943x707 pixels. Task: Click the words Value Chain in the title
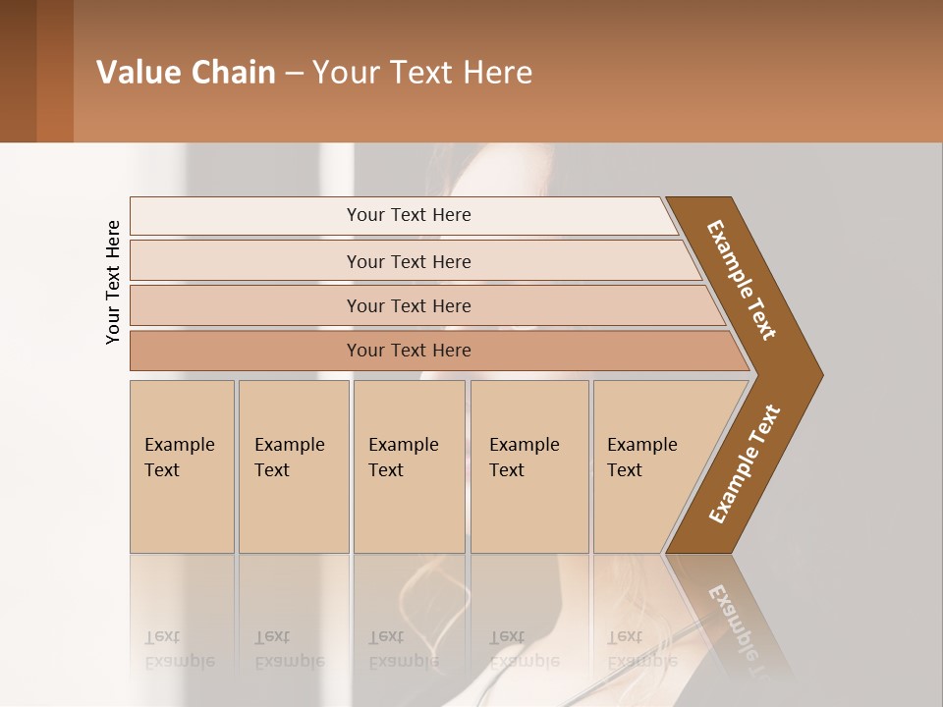click(186, 73)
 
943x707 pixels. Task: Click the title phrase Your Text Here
click(422, 73)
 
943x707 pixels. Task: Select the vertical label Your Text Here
click(113, 282)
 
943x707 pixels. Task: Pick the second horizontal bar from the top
click(408, 261)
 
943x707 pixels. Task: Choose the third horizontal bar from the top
click(408, 305)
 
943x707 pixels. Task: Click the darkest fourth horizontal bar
click(408, 351)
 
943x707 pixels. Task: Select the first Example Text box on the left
click(182, 466)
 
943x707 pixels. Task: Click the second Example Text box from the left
click(293, 466)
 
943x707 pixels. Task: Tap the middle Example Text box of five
click(409, 466)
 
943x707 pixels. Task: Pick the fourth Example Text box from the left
click(528, 466)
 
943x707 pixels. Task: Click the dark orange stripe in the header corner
click(55, 71)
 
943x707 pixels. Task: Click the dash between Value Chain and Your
click(294, 74)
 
